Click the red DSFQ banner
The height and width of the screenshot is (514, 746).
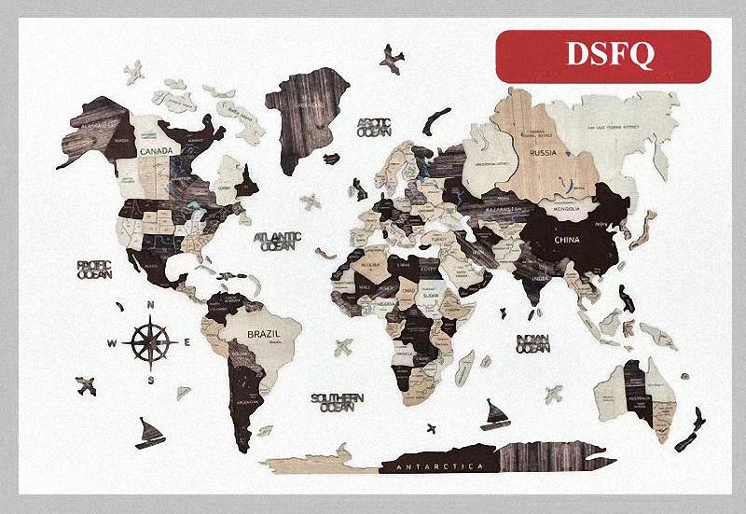point(602,55)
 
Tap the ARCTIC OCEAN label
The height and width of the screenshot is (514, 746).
point(375,127)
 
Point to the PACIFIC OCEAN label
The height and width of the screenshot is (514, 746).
point(95,270)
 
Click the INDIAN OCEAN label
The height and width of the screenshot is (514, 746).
point(533,342)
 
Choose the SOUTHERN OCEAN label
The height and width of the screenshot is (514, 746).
point(338,402)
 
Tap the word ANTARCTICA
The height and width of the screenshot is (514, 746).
point(439,465)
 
